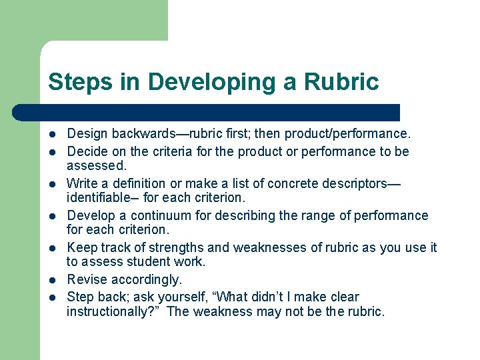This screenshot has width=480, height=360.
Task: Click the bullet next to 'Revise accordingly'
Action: (x=53, y=280)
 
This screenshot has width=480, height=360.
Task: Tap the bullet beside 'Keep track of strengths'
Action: (x=53, y=248)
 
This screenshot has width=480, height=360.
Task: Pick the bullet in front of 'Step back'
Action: (x=53, y=297)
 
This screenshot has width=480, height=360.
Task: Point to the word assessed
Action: (x=96, y=165)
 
